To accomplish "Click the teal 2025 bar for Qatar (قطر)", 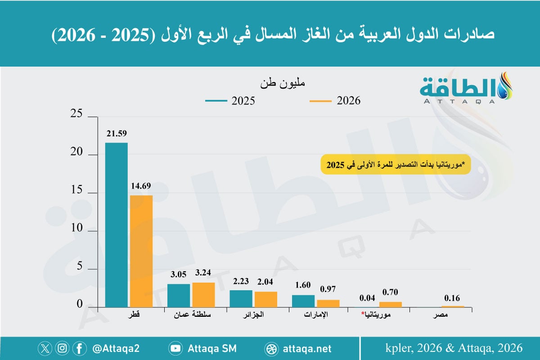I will pyautogui.click(x=116, y=225).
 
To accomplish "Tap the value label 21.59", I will pyautogui.click(x=117, y=134).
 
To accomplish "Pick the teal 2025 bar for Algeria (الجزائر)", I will pyautogui.click(x=241, y=298).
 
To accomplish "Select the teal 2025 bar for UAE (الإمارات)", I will pyautogui.click(x=303, y=301).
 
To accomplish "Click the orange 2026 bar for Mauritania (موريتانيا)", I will pyautogui.click(x=390, y=305).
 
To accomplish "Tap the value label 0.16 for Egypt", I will pyautogui.click(x=452, y=297).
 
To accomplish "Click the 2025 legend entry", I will pyautogui.click(x=230, y=101).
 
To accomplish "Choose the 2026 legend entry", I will pyautogui.click(x=335, y=101).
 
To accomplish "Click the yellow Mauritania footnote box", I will pyautogui.click(x=396, y=165).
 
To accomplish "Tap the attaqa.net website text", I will pyautogui.click(x=308, y=348).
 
